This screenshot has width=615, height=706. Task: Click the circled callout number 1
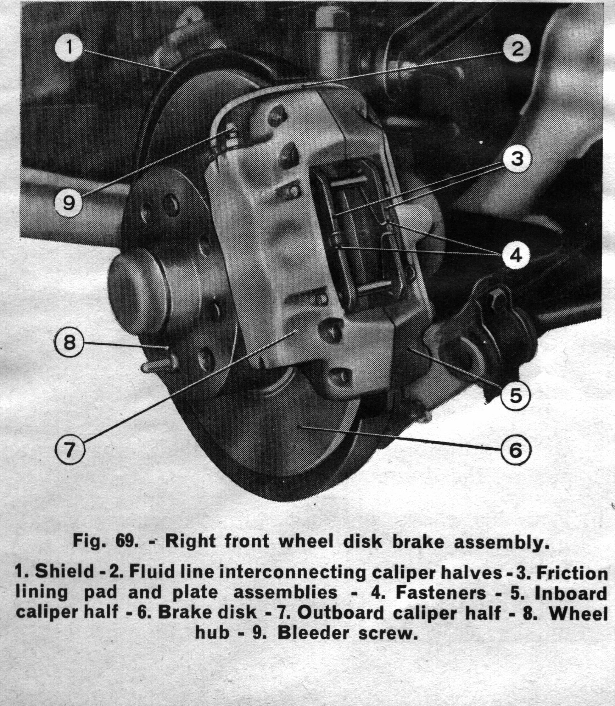click(x=69, y=47)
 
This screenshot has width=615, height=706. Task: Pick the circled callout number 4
click(x=516, y=255)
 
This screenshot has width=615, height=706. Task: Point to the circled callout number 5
click(x=515, y=396)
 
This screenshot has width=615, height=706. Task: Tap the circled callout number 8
click(x=69, y=342)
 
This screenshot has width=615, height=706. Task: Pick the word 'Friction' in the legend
click(x=573, y=573)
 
